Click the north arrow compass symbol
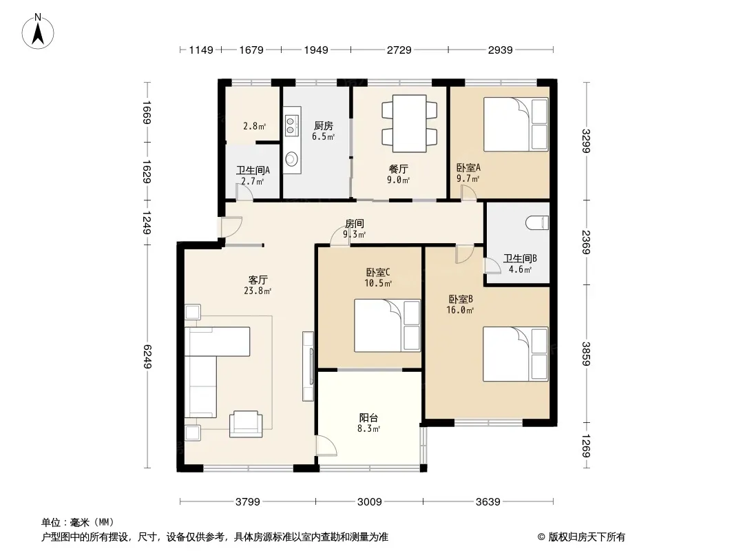tap(38, 32)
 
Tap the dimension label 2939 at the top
tap(500, 50)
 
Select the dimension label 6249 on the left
tap(147, 356)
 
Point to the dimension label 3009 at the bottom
tap(369, 502)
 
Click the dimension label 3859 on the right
tap(586, 354)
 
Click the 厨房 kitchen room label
tap(324, 125)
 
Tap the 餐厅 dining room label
tap(399, 169)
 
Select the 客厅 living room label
tap(258, 280)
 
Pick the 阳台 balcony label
tap(369, 417)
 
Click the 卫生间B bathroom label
tap(520, 258)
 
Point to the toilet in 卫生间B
tap(537, 222)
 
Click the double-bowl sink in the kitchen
tap(292, 121)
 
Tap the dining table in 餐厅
tap(410, 123)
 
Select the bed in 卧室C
tap(387, 325)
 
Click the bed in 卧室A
tap(516, 124)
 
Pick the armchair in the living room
tap(246, 424)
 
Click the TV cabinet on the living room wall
tap(308, 366)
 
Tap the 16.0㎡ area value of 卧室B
tap(460, 310)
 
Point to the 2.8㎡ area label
tap(254, 126)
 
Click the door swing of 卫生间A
tap(244, 192)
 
